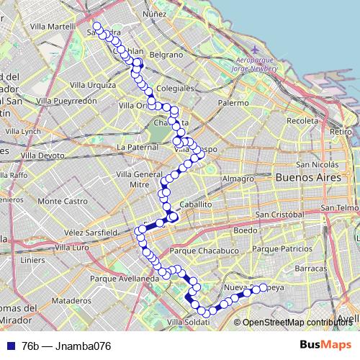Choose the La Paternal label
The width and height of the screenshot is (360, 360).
click(137, 147)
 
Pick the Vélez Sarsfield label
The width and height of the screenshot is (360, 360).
click(89, 233)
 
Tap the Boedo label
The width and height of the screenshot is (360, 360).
click(245, 231)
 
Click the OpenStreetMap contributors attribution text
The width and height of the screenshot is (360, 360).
click(297, 322)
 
